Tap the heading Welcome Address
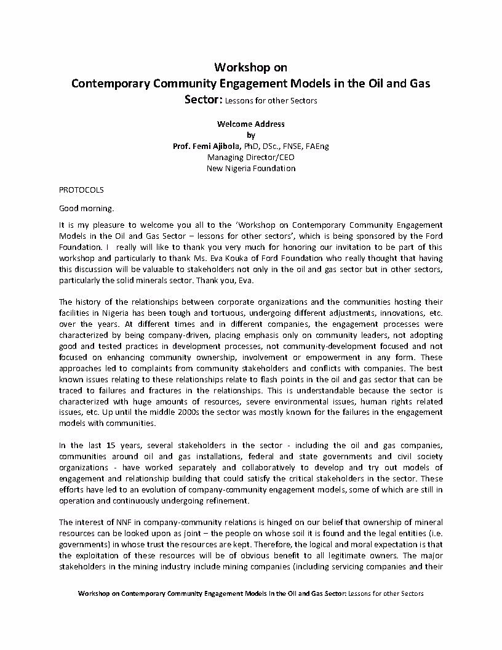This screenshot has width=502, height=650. [250, 124]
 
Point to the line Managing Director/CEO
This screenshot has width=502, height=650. [250, 157]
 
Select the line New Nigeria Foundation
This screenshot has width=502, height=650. [250, 168]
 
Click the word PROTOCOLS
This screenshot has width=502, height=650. [81, 190]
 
